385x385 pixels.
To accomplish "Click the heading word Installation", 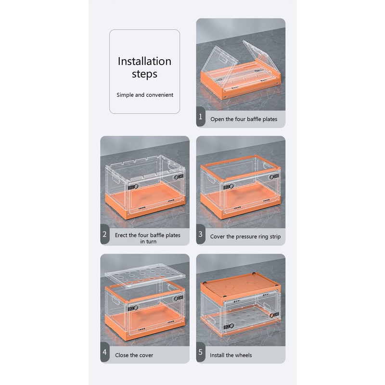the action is [x=145, y=61].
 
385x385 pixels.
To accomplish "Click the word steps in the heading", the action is [x=144, y=74].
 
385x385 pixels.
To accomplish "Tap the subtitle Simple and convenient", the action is [x=145, y=95].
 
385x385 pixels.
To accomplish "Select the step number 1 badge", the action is [x=201, y=116].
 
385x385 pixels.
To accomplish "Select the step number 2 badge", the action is [x=104, y=234].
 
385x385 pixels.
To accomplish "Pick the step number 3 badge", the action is [x=201, y=234].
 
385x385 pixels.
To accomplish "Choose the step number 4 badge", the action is [x=104, y=352].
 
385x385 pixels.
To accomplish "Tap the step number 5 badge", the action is [x=201, y=352].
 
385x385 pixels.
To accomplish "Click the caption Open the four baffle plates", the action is [x=244, y=119].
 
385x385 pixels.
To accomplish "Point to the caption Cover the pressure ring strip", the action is [x=245, y=236].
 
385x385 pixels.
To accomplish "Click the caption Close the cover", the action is [x=134, y=355].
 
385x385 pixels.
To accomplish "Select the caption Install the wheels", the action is [x=231, y=355].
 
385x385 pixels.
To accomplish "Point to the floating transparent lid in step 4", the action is [x=145, y=275].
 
